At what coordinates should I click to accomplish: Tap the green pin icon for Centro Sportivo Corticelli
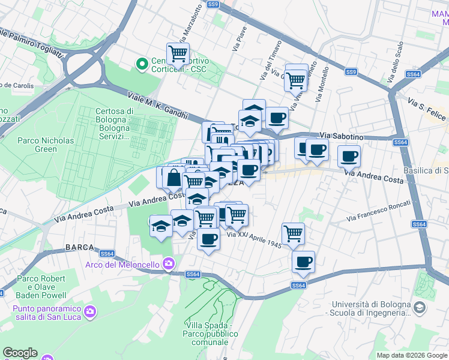[x=142, y=64]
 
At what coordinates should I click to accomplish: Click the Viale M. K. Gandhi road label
[x=157, y=106]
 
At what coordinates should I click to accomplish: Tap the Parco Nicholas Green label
[x=46, y=145]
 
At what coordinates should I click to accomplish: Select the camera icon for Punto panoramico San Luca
[x=90, y=310]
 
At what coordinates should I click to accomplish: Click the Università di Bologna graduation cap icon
[x=420, y=308]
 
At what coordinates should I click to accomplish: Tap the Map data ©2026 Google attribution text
[x=412, y=355]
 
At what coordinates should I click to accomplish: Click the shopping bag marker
[x=173, y=178]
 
